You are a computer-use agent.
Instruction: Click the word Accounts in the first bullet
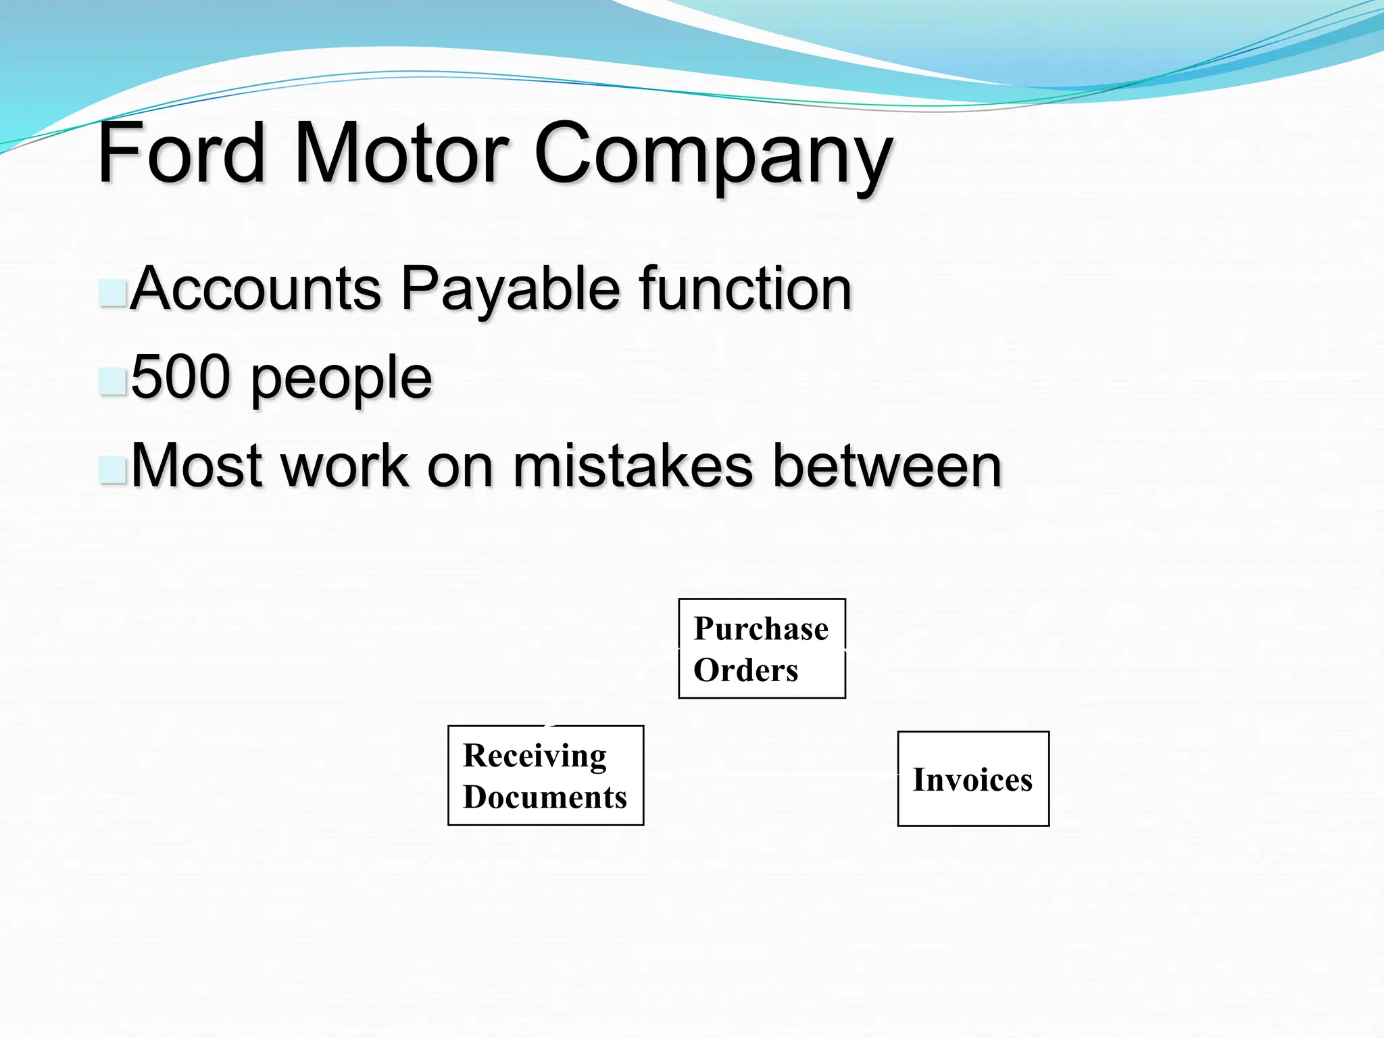click(255, 289)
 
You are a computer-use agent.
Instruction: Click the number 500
click(180, 377)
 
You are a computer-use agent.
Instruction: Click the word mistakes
click(633, 466)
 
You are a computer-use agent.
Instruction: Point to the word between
click(887, 466)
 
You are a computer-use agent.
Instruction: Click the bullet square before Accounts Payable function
click(112, 293)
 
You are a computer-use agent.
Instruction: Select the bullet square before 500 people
click(112, 382)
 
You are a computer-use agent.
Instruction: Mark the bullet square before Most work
click(112, 470)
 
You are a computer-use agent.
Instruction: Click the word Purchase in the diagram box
click(761, 629)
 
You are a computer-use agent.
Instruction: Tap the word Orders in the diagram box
click(746, 670)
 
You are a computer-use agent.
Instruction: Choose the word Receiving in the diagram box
click(535, 756)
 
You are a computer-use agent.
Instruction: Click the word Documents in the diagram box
click(545, 797)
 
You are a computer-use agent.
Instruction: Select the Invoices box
click(973, 779)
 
